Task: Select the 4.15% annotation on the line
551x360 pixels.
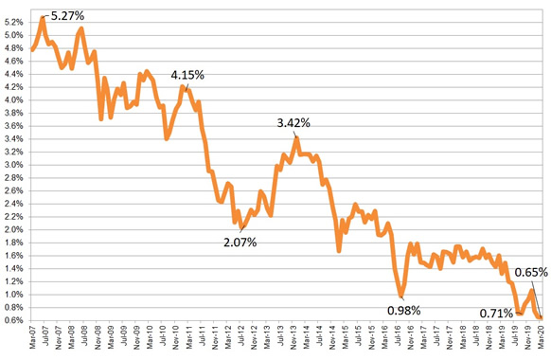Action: (187, 74)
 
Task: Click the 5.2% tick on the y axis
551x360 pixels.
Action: (14, 23)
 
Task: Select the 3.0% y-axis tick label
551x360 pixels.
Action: (14, 165)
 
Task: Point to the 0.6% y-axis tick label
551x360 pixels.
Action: (14, 320)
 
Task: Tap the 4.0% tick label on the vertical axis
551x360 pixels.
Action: (14, 100)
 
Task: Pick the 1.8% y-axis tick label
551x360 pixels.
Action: (14, 243)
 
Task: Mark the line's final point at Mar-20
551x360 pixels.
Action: (541, 317)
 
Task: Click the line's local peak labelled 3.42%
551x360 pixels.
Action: (296, 138)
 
